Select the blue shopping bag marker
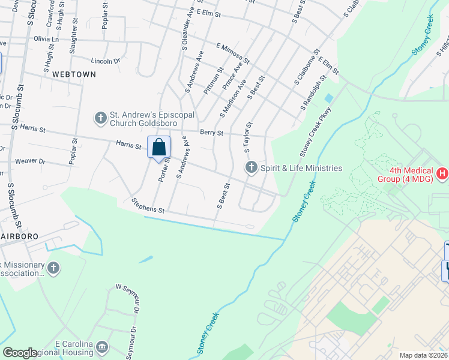click(x=158, y=148)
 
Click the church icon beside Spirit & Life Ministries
click(x=251, y=167)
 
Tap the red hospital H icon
click(x=442, y=174)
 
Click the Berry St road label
click(x=211, y=133)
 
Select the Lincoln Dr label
click(x=105, y=61)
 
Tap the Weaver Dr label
click(x=30, y=161)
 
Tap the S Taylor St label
click(x=247, y=137)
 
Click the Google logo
click(x=20, y=353)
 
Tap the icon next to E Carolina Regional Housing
click(x=102, y=347)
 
